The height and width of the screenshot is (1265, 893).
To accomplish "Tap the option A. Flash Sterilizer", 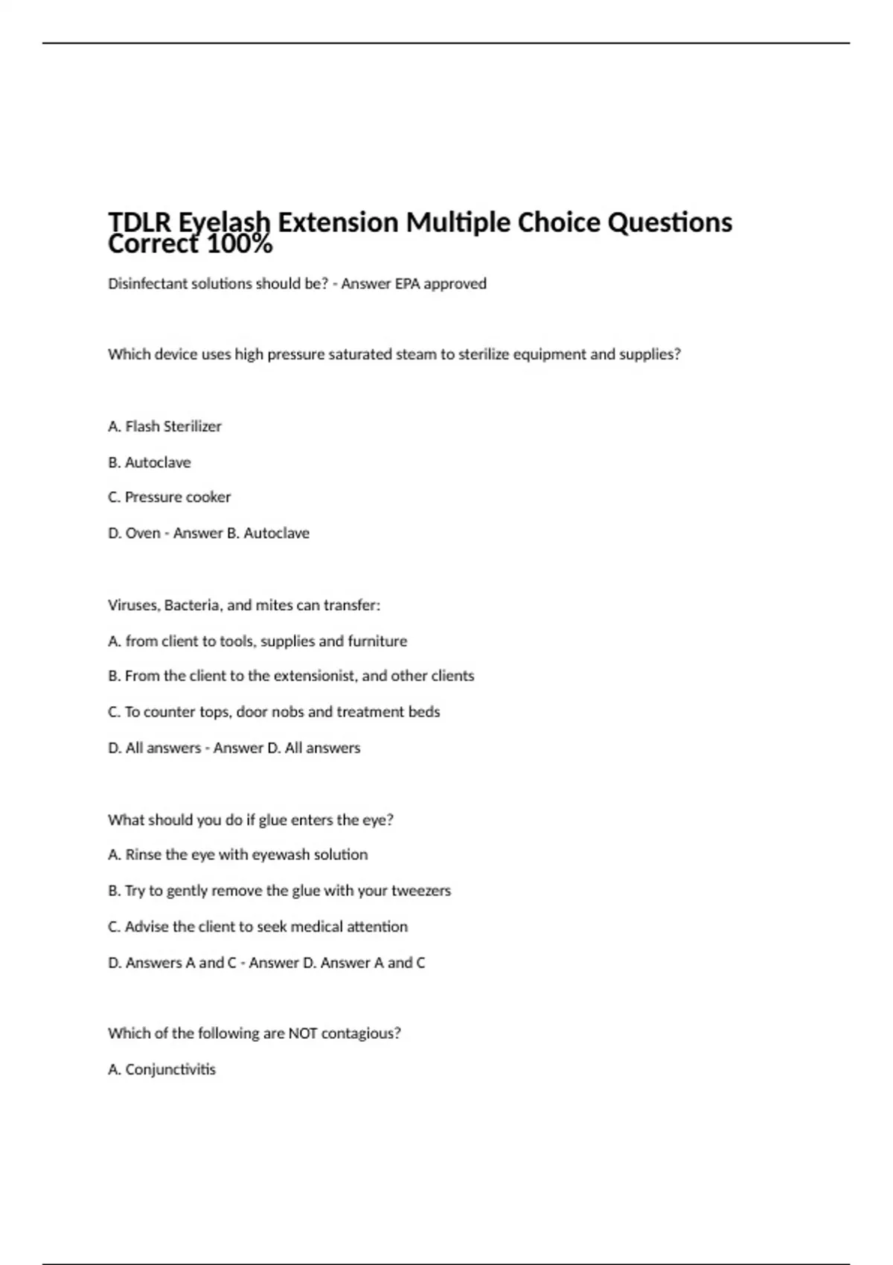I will tap(164, 426).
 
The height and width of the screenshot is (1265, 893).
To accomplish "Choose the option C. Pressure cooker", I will tap(169, 497).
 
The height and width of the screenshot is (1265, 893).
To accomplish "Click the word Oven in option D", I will tap(142, 533).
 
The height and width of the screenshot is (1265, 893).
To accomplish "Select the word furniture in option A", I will tap(377, 641).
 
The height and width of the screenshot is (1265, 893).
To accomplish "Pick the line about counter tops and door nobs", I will tap(273, 711).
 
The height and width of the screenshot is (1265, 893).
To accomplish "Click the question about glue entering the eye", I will tap(250, 819).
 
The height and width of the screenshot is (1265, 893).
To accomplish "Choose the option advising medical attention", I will tap(257, 926).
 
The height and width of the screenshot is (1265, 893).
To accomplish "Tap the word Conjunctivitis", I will tap(170, 1069).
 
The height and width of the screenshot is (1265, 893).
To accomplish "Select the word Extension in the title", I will tap(338, 222).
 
